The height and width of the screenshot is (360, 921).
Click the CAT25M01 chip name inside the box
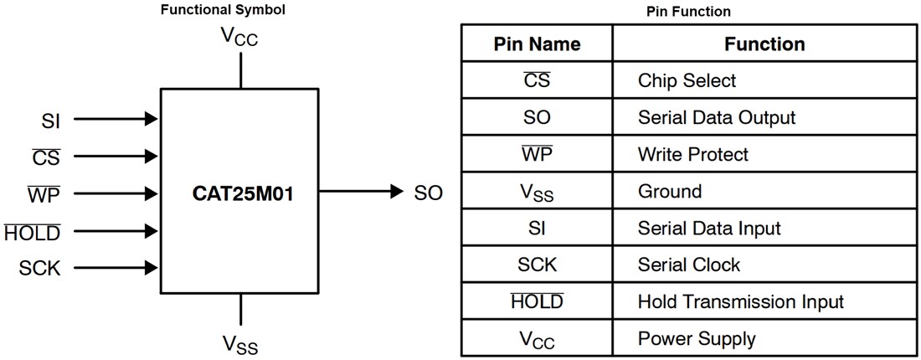239,193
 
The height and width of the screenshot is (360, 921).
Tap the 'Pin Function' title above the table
688,12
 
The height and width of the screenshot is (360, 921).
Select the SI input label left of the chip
51,119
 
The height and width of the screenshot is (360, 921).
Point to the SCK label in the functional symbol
40,268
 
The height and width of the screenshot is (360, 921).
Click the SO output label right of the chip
428,193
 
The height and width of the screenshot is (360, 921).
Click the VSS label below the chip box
240,343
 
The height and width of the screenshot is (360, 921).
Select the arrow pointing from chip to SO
360,193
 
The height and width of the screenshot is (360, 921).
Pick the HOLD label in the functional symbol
33,231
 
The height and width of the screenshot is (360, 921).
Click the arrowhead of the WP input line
152,193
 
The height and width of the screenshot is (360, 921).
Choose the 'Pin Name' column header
537,44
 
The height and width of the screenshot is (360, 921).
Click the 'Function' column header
764,44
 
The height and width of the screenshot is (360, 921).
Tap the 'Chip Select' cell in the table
687,80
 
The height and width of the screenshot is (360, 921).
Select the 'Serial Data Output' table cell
716,117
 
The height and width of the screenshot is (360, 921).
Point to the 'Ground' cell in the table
670,191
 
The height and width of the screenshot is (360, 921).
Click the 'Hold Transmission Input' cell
740,301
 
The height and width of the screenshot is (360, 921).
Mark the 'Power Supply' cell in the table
697,338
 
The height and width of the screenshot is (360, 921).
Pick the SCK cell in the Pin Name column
537,265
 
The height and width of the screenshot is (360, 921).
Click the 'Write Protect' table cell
692,154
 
